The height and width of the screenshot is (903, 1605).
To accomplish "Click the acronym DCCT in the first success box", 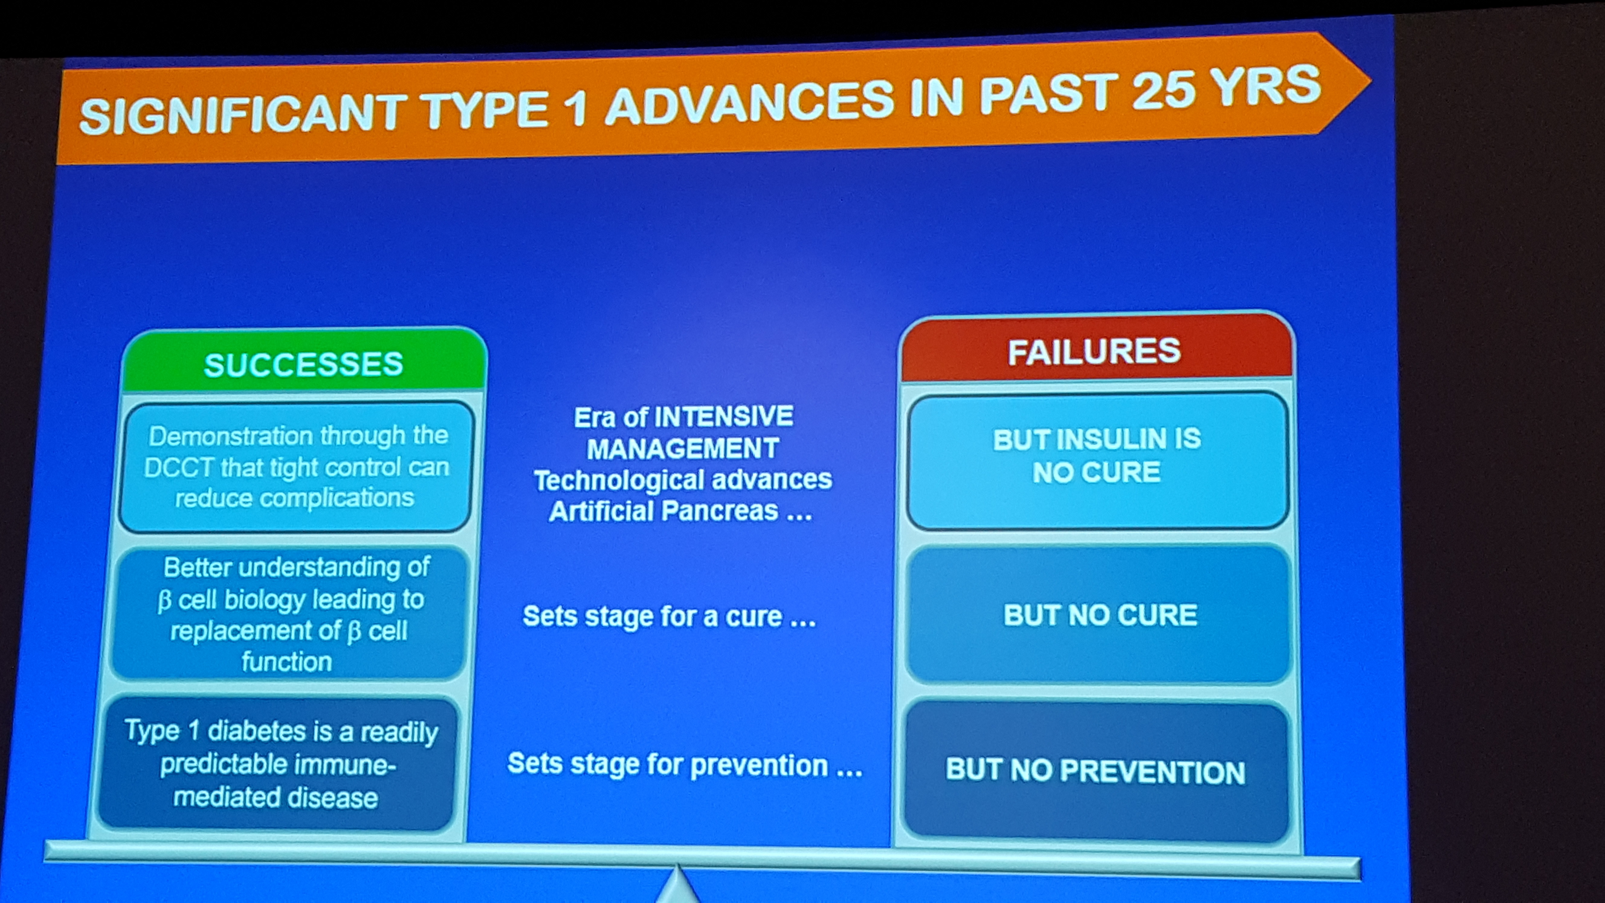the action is point(178,468).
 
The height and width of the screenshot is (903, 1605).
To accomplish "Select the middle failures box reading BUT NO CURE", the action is point(1098,614).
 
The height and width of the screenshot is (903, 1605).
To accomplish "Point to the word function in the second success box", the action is point(287,662).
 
